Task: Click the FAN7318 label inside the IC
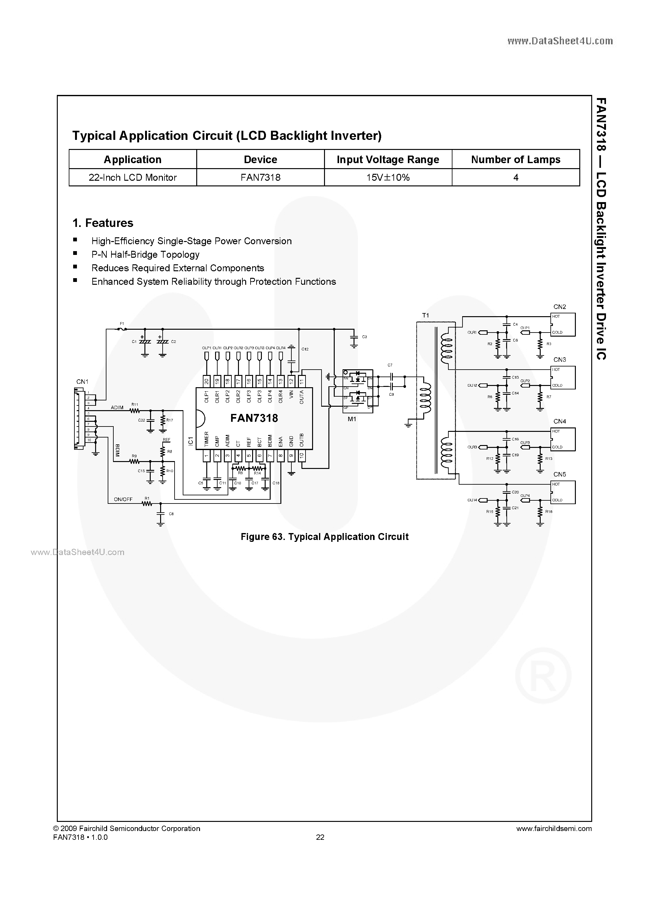[254, 418]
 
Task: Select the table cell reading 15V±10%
[388, 177]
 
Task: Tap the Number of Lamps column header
[516, 159]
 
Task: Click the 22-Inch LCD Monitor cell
[133, 177]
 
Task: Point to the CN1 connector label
[82, 382]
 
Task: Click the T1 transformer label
[425, 316]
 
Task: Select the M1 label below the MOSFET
[352, 419]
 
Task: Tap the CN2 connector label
[560, 307]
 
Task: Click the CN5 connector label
[560, 474]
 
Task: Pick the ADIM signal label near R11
[117, 407]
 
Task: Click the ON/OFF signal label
[123, 499]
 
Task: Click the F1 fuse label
[122, 323]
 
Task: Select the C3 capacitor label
[364, 337]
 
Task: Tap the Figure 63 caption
[324, 537]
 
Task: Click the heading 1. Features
[103, 223]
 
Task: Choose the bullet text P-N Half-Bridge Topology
[145, 255]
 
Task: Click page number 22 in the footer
[320, 837]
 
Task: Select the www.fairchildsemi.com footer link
[554, 828]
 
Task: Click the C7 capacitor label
[390, 365]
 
